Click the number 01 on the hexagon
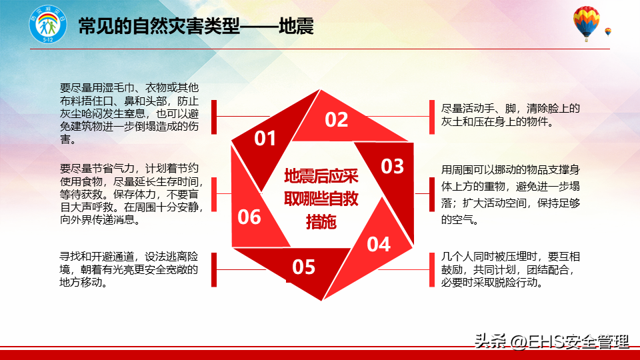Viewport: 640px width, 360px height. click(265, 139)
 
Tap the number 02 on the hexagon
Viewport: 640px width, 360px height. click(336, 119)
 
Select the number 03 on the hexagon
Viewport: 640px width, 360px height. click(392, 166)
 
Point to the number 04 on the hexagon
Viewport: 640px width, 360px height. click(379, 244)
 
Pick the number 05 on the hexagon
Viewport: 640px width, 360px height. click(304, 267)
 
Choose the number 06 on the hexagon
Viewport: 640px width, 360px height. click(249, 217)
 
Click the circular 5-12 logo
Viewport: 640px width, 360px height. click(48, 24)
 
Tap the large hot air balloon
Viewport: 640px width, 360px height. click(586, 23)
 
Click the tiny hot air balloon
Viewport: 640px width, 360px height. click(608, 32)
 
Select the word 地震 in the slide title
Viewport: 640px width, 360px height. click(296, 27)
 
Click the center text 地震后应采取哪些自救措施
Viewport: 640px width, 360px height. click(321, 199)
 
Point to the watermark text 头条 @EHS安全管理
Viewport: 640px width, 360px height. click(551, 341)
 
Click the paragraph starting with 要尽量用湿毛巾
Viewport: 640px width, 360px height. click(129, 113)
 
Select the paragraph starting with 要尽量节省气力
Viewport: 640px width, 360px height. click(131, 194)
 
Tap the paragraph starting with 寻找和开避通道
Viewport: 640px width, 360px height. click(129, 269)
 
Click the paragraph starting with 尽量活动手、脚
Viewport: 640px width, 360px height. click(510, 115)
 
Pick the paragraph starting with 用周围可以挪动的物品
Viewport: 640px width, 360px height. click(510, 195)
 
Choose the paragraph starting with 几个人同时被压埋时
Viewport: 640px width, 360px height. click(510, 269)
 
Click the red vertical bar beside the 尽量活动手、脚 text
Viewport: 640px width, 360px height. click(432, 117)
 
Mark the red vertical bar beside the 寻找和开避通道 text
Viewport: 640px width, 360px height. click(214, 270)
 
